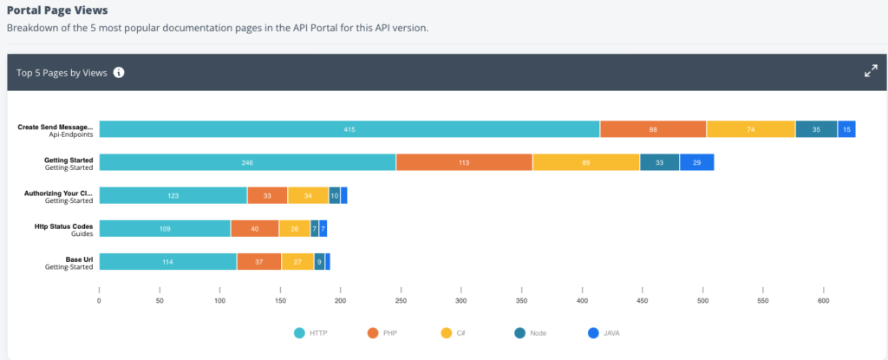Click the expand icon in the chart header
(871, 72)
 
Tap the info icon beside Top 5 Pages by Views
(119, 73)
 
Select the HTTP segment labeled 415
(349, 129)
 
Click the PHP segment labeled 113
(464, 162)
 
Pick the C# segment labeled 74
(751, 129)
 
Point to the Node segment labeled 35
(816, 129)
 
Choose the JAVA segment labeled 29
(696, 162)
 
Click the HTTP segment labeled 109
(165, 228)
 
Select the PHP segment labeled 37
(259, 261)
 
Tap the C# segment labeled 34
(308, 195)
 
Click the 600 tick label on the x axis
(823, 301)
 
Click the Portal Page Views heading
(57, 10)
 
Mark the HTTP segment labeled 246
(247, 162)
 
